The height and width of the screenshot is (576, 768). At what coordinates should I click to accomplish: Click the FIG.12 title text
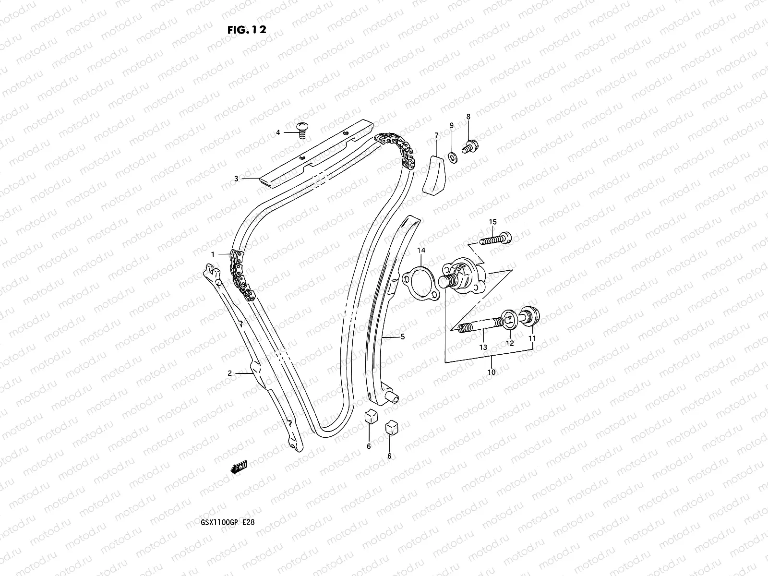pos(246,29)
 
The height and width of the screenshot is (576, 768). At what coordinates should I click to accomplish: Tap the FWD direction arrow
pos(239,467)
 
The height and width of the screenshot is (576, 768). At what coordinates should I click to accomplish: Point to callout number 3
pos(236,179)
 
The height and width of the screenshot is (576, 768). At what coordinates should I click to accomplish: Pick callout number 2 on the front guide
pos(230,373)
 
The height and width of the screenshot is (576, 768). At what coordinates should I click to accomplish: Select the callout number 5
pos(403,337)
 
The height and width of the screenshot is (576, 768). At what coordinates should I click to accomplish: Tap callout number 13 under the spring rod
pos(483,347)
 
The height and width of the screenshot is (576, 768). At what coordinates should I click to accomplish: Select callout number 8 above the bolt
pos(468,117)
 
